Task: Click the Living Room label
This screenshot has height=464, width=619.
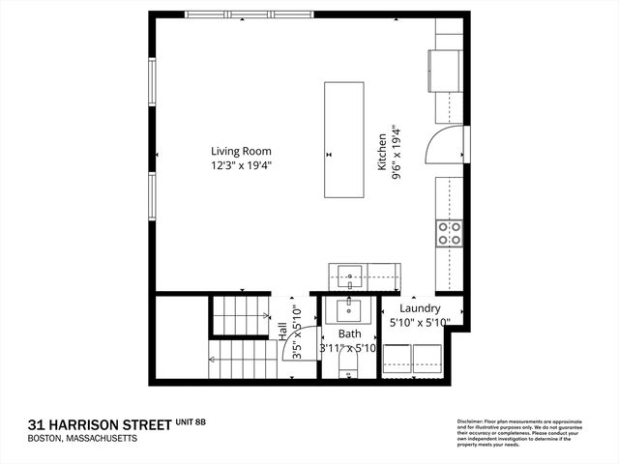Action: [242, 151]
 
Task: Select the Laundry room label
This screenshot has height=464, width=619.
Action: [419, 308]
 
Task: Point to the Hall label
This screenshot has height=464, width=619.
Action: [282, 331]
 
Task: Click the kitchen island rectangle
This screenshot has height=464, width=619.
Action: [344, 139]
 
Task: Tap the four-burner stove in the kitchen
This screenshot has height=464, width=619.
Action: [449, 232]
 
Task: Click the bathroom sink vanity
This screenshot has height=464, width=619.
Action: [349, 312]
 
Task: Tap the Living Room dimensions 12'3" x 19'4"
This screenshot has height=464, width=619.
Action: [242, 165]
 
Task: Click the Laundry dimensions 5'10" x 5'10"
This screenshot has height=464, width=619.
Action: [419, 324]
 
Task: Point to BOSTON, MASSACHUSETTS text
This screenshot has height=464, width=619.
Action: [82, 439]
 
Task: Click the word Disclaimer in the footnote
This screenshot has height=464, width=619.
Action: [472, 421]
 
